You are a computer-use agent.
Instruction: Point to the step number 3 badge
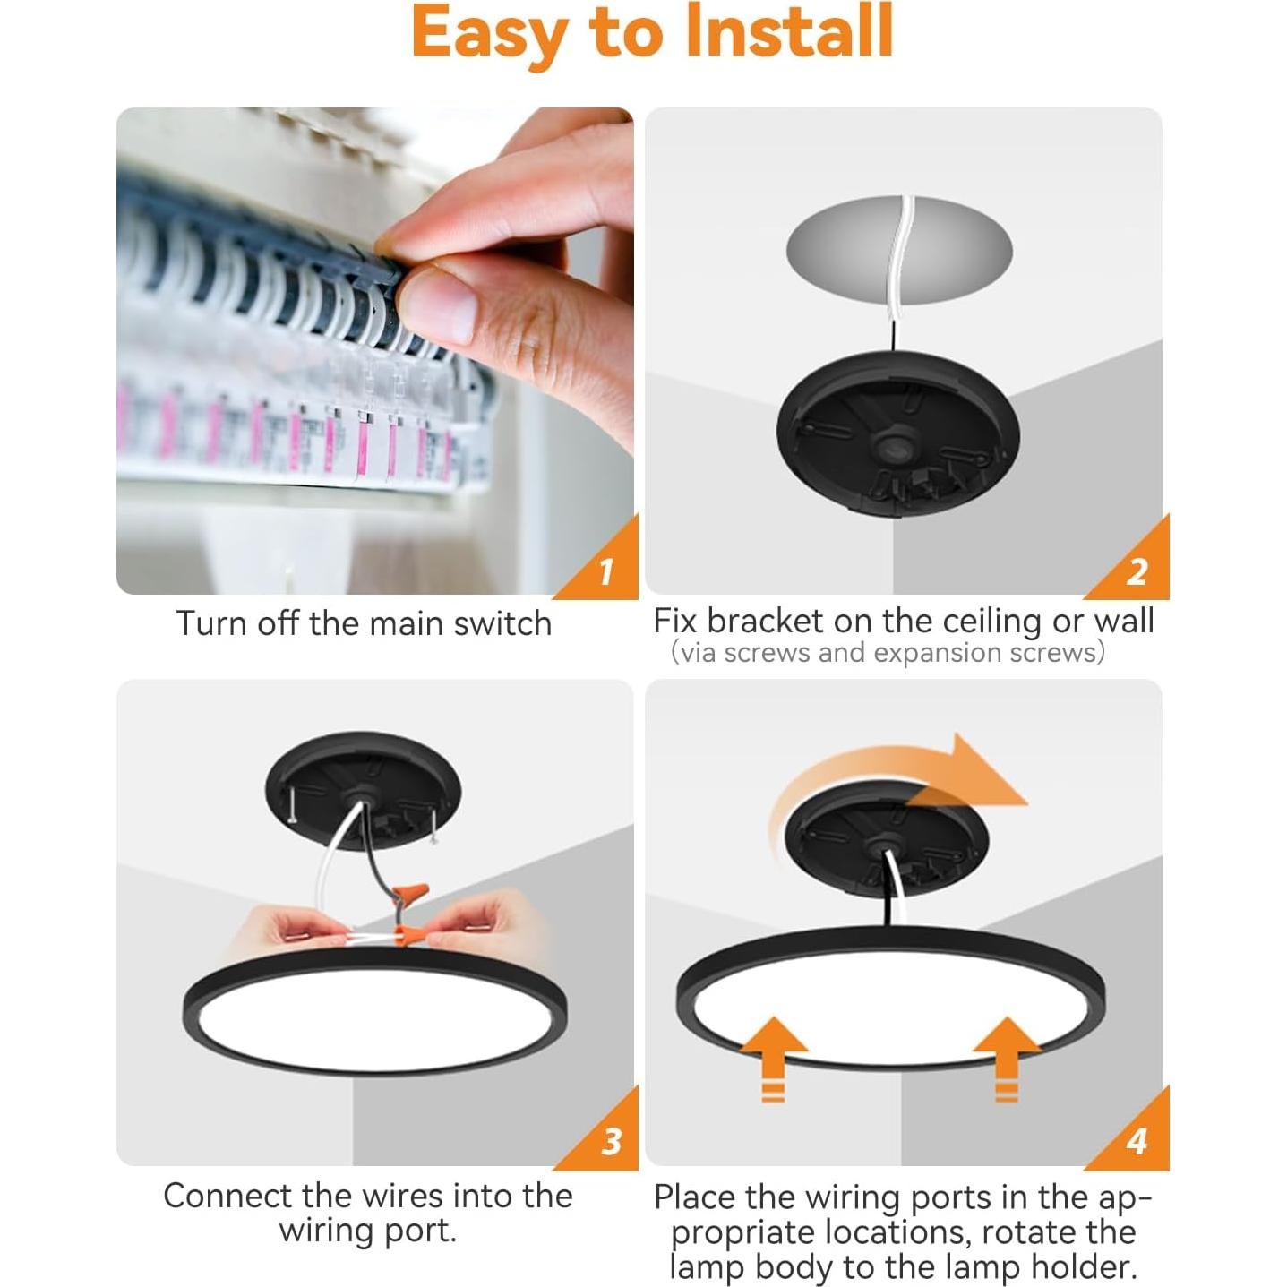(612, 1141)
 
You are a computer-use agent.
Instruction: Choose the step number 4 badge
(1137, 1141)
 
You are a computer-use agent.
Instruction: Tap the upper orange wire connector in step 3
(414, 894)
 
